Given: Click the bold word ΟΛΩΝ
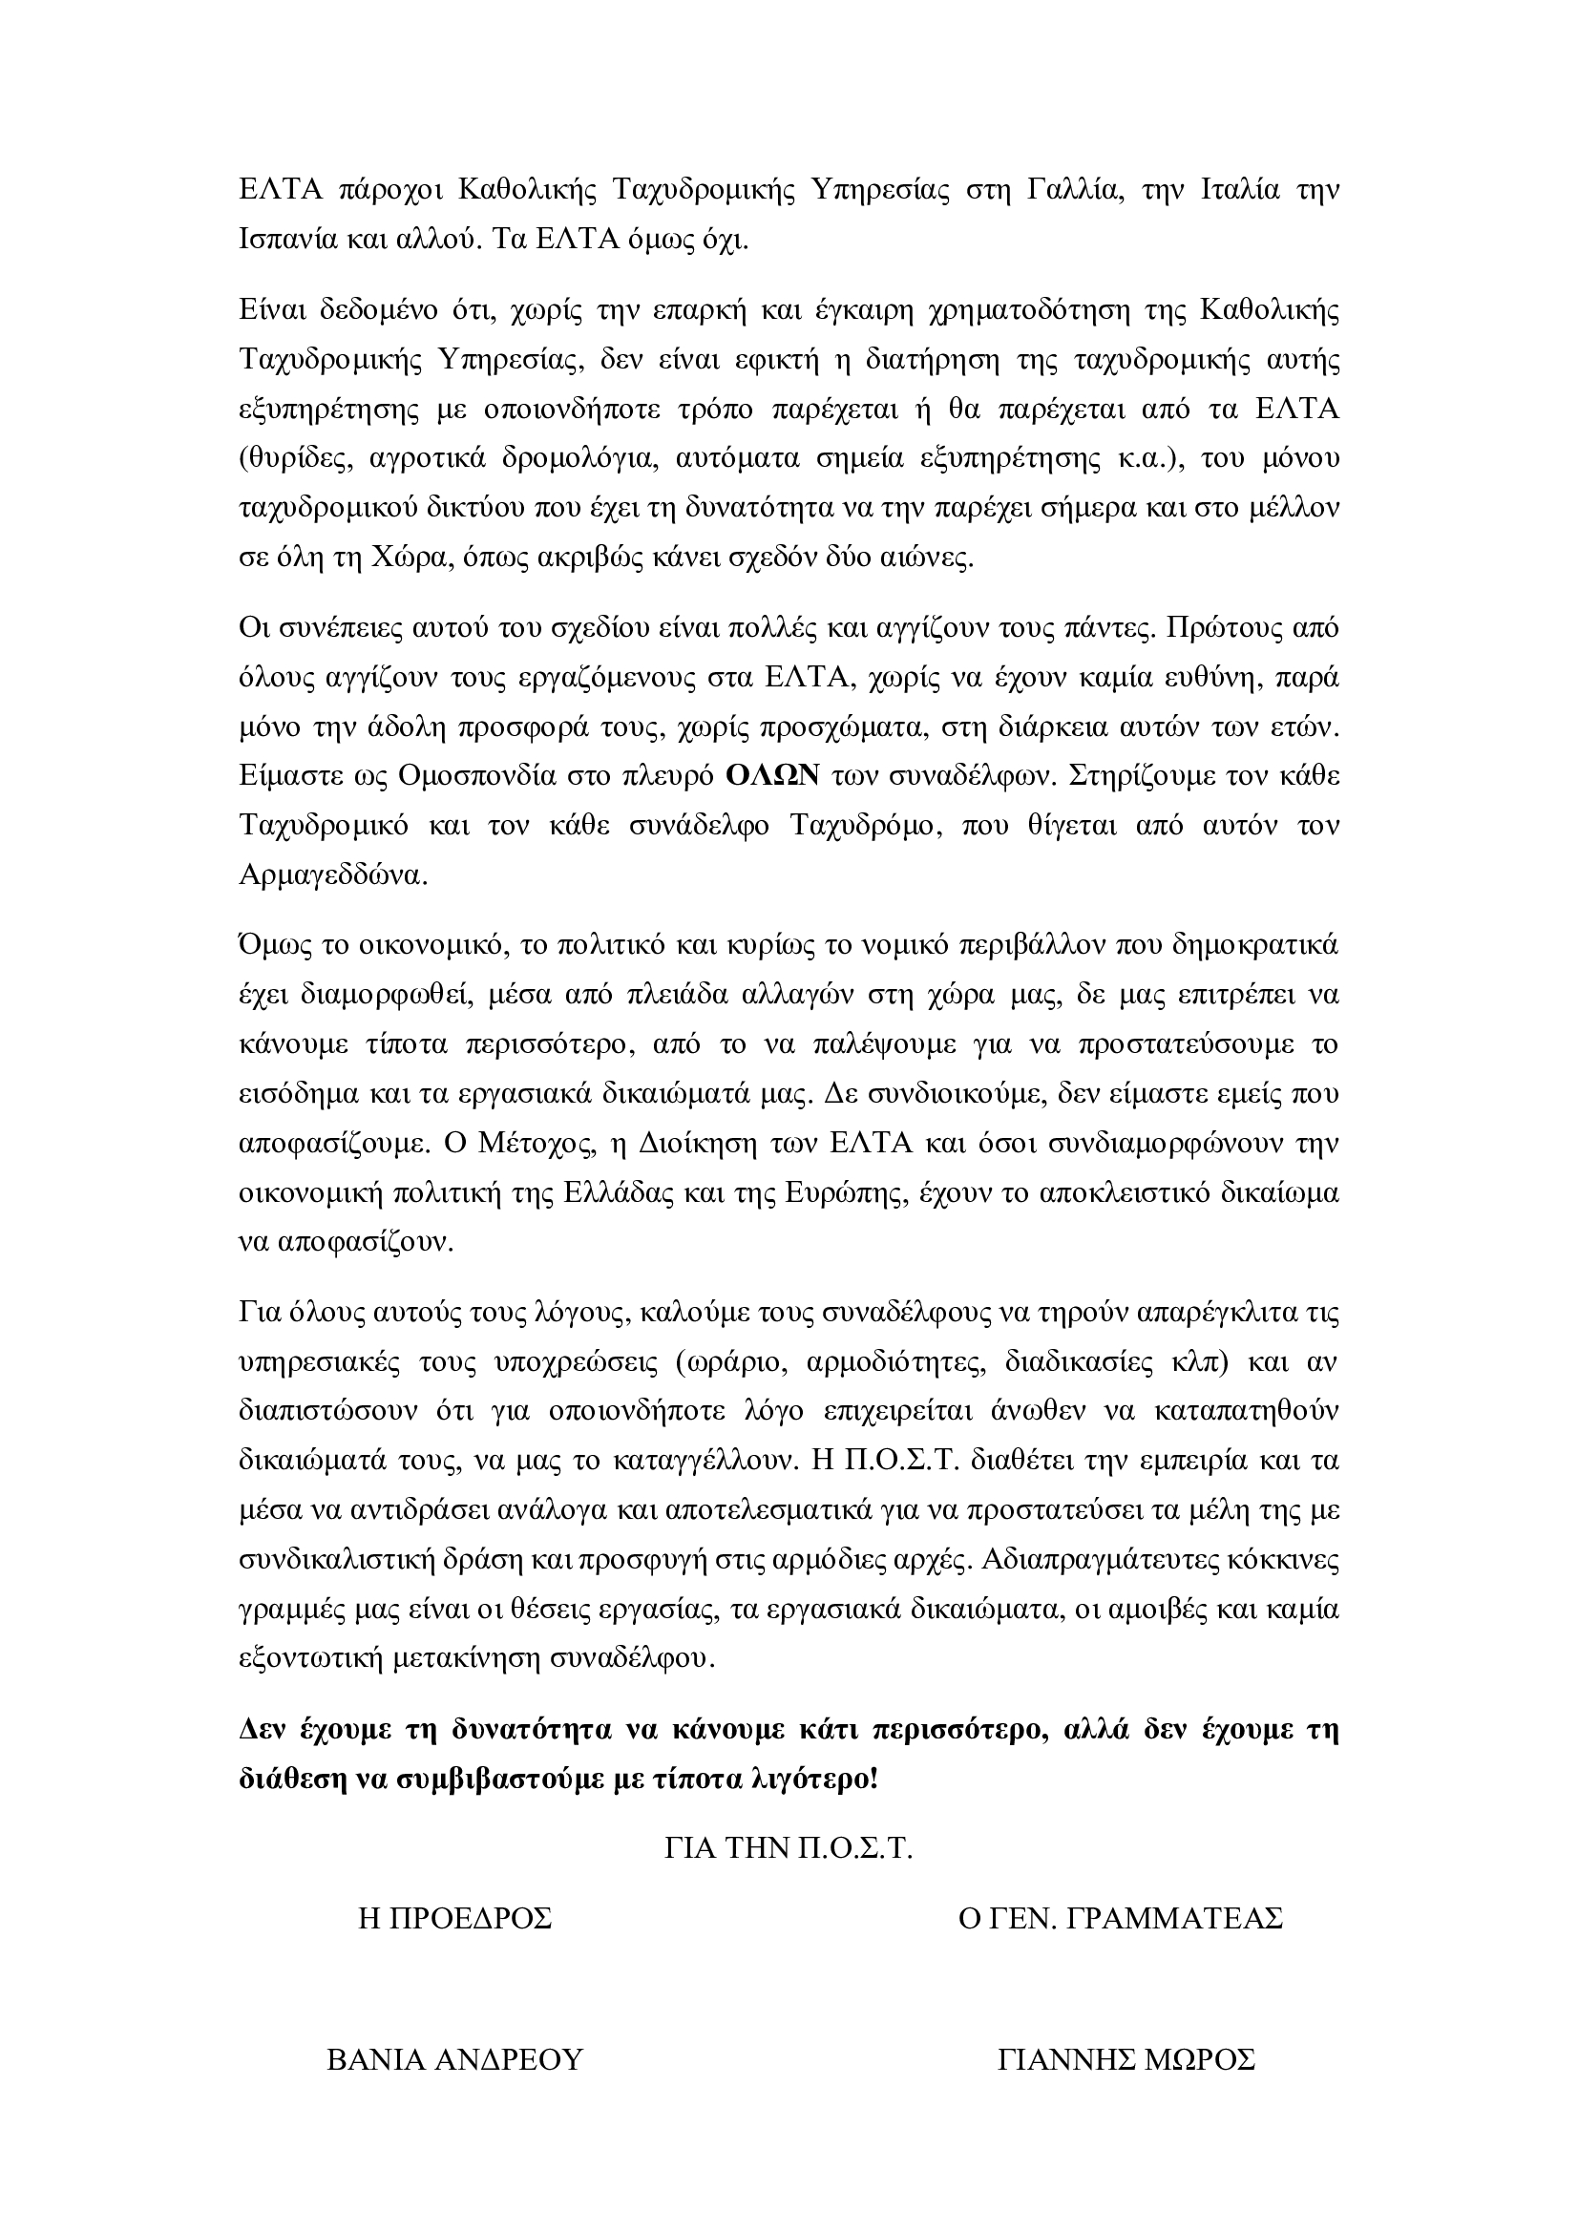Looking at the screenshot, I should pyautogui.click(x=774, y=775).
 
